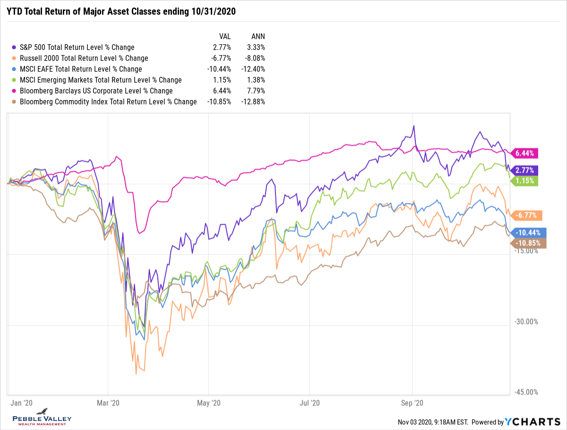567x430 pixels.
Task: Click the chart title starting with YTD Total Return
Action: (x=120, y=11)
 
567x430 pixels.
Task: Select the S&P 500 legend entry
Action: (x=77, y=47)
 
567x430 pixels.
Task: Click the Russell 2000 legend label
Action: (x=84, y=58)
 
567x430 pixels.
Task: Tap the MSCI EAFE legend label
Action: (x=81, y=69)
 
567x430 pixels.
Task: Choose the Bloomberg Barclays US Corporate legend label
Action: (x=96, y=91)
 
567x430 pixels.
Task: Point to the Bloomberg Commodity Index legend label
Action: (x=108, y=102)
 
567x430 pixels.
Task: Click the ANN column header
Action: (x=258, y=36)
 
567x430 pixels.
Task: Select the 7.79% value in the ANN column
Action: (x=256, y=91)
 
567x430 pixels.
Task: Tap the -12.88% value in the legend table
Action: (x=253, y=102)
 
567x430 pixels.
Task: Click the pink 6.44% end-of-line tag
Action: (x=526, y=153)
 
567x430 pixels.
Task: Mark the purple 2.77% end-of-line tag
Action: (x=526, y=170)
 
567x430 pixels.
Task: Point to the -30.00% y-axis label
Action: (x=525, y=322)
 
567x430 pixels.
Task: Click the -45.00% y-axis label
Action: (x=525, y=392)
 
